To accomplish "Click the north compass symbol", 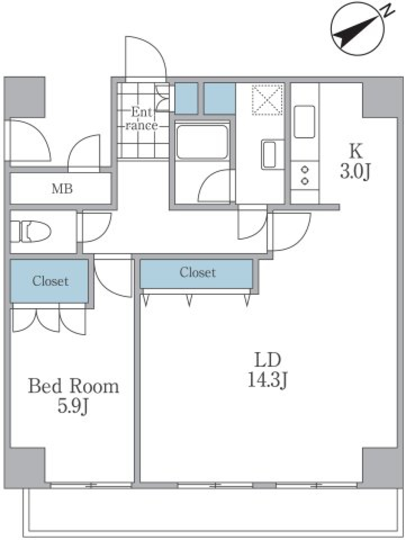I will click(358, 29).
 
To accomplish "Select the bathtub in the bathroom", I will click(202, 140).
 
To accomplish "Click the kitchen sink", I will click(304, 122).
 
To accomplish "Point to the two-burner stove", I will click(304, 175).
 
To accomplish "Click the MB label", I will click(62, 189).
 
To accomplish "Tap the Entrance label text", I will click(142, 119).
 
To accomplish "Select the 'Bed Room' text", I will click(73, 386).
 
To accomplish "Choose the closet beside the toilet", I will click(49, 281).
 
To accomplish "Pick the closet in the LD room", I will click(197, 273).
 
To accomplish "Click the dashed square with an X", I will click(267, 99).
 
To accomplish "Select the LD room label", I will click(267, 360).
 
